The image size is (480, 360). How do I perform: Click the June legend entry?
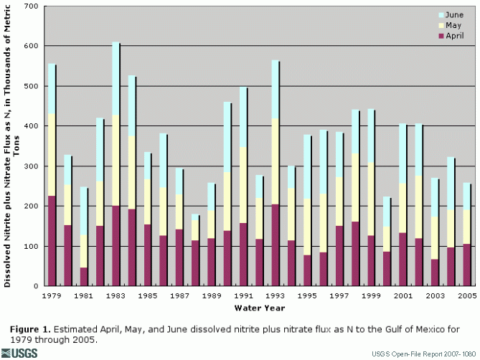[453, 14]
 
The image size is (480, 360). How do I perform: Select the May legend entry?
[453, 24]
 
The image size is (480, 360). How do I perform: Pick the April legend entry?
[453, 35]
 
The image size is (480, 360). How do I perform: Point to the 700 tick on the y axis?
[30, 6]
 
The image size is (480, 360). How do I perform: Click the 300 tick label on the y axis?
[30, 166]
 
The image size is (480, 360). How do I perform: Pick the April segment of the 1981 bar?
[83, 277]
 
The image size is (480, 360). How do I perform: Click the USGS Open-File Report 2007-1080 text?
[423, 354]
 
